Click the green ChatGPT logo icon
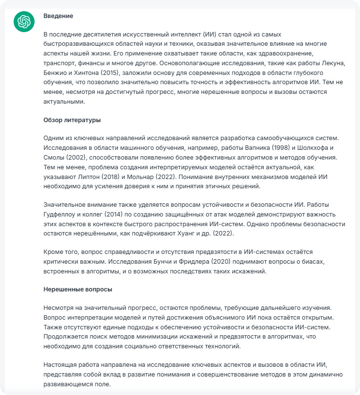pyautogui.click(x=23, y=22)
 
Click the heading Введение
pyautogui.click(x=58, y=16)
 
